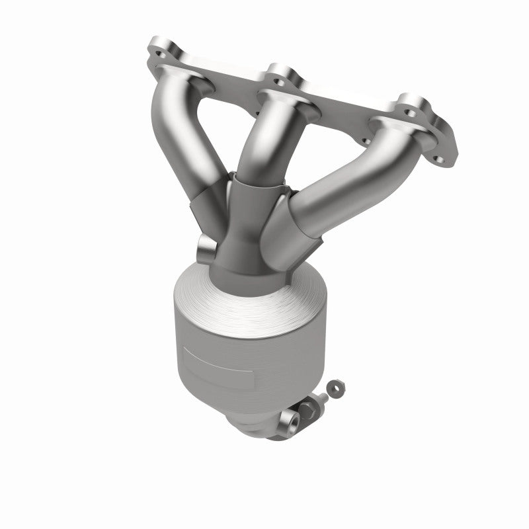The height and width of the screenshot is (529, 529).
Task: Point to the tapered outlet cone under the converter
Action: click(258, 427)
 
